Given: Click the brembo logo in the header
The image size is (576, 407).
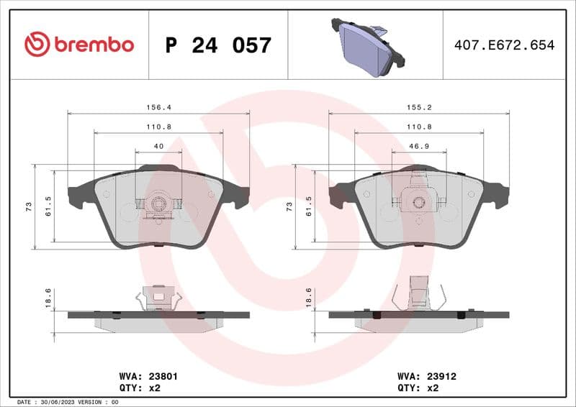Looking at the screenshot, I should point(79,45).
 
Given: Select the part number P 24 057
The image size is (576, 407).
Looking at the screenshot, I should point(218,45).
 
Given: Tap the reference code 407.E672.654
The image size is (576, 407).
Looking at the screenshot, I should point(504,45).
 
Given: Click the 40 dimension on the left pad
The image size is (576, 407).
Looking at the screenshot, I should point(158,146).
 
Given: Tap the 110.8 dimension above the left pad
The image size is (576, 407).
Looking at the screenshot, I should point(158,126).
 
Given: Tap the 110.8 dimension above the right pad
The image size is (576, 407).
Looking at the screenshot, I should point(418,126).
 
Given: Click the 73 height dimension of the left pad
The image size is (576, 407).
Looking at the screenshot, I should point(28,206).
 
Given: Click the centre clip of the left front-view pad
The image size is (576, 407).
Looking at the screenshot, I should point(158,206).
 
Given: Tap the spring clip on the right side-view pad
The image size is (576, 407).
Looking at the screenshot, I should point(418,295).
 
